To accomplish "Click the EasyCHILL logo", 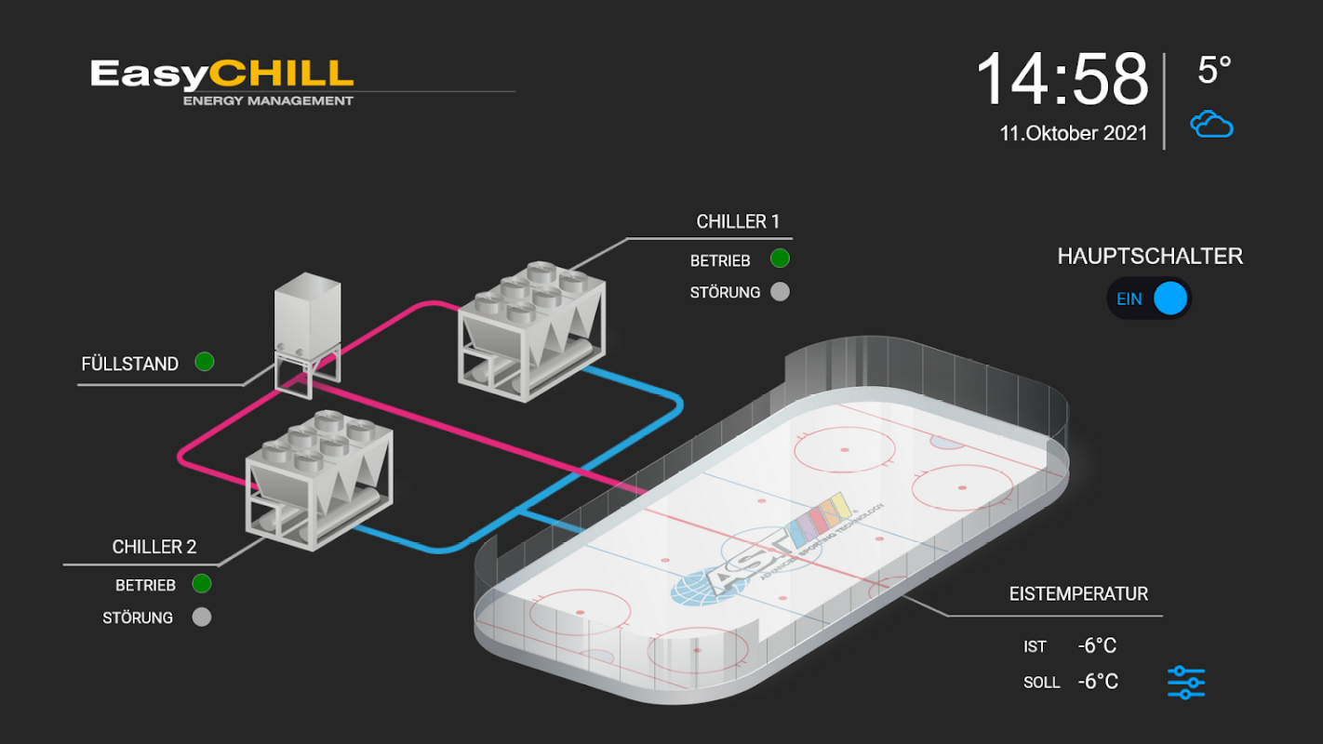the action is [222, 83].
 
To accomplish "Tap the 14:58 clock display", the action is [1062, 79].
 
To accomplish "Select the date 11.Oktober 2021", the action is [1073, 133].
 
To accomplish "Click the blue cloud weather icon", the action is [1211, 124].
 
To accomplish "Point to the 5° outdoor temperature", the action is [1214, 71].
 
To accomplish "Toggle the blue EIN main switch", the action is [1149, 299].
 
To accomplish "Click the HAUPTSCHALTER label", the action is [1150, 257].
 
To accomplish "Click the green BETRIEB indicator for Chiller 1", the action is [780, 259].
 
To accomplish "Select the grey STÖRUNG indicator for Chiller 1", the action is [780, 292].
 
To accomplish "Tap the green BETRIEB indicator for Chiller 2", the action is [201, 584].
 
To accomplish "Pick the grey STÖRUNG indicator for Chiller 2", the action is [201, 617].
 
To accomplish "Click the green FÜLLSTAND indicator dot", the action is [205, 362].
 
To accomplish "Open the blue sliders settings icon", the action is [1186, 683].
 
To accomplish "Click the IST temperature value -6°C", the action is [1097, 646].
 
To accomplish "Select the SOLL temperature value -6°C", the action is [1097, 682].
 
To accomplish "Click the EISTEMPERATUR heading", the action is [1078, 594].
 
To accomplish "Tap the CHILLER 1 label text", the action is [738, 221].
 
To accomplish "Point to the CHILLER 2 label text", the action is [154, 547].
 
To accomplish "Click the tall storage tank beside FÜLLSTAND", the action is [308, 334].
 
